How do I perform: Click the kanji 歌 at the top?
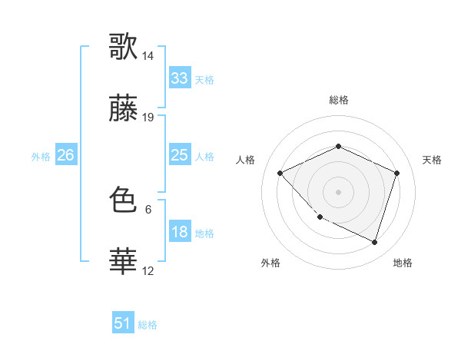123,46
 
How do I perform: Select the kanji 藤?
123,111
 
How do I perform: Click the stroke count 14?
148,56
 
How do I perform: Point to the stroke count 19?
148,118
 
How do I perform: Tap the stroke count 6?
148,208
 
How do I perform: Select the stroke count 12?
148,270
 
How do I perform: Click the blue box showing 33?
179,78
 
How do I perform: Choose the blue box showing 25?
179,155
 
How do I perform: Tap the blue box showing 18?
179,232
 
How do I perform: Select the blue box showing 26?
65,155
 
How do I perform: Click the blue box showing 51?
123,323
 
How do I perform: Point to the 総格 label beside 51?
148,325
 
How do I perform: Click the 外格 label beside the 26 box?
41,156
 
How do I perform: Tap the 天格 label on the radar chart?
433,160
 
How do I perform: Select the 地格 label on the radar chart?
403,263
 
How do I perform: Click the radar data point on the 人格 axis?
280,173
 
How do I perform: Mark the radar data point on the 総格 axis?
338,146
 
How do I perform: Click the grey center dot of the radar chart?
338,191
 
